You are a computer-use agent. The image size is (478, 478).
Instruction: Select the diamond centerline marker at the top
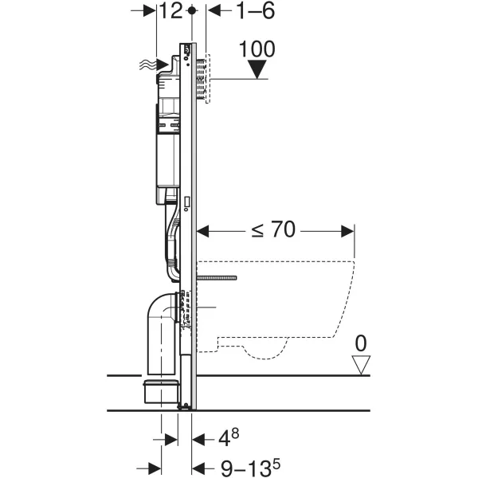(x=191, y=11)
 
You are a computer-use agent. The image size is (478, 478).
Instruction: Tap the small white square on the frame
(x=187, y=202)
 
